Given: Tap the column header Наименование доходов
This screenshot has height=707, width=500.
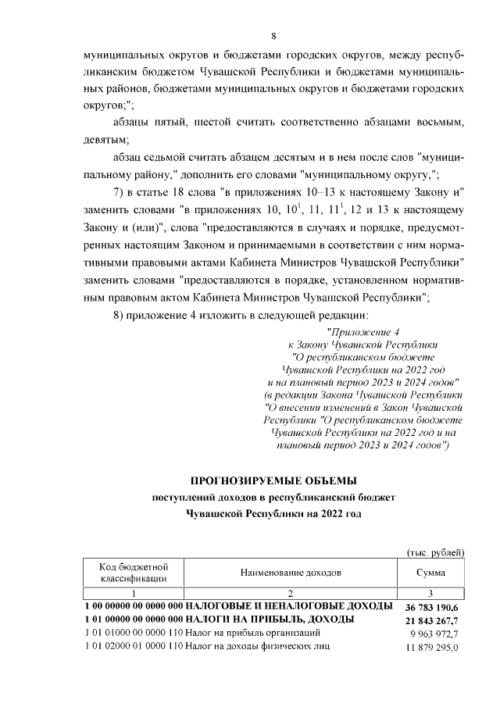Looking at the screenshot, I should tap(290, 573).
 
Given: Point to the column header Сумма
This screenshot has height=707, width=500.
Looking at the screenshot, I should tap(432, 573).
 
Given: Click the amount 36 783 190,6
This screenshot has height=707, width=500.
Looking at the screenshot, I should tap(433, 606).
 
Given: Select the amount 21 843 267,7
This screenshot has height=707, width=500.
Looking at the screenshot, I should tap(433, 620).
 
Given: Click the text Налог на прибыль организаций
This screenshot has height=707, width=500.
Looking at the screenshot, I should tap(250, 633).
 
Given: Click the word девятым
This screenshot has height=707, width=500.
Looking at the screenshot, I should tap(105, 140).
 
